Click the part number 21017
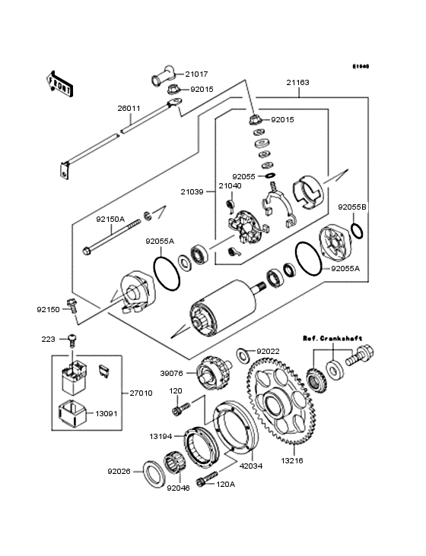coord(196,74)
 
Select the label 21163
coord(299,83)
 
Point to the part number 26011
coord(129,108)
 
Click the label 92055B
coord(354,207)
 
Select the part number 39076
coord(172,373)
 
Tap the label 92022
coord(269,351)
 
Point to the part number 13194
coord(162,437)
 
